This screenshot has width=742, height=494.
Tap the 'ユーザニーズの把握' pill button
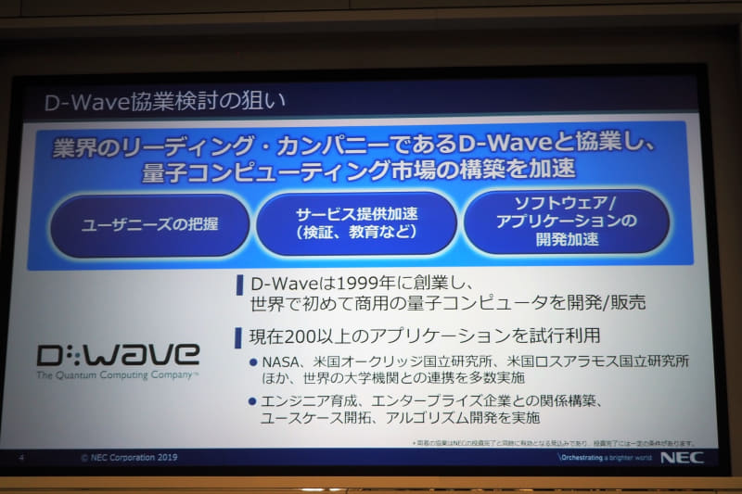[149, 225]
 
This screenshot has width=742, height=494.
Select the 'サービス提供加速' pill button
[356, 222]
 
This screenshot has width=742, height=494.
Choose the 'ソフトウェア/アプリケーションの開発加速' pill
[566, 222]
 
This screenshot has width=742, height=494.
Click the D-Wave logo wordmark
[118, 354]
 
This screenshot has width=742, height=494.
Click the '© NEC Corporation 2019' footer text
[129, 457]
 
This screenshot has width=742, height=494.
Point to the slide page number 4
[21, 457]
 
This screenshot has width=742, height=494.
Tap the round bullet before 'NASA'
[253, 360]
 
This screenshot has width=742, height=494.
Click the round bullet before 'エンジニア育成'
[253, 401]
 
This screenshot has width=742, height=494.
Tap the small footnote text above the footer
[553, 443]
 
